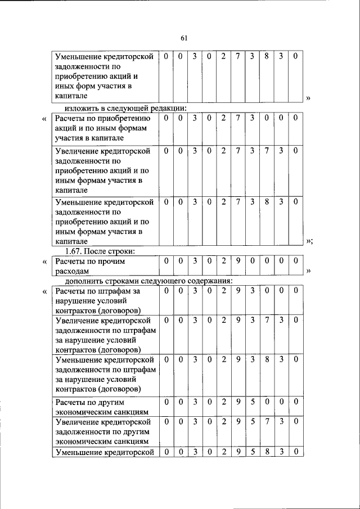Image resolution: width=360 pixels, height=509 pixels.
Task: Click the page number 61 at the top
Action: pyautogui.click(x=184, y=38)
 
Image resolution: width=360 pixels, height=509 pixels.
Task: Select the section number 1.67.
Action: pyautogui.click(x=76, y=251)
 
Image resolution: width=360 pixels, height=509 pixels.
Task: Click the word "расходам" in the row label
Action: pyautogui.click(x=71, y=272)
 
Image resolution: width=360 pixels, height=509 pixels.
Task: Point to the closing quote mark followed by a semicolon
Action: pyautogui.click(x=309, y=241)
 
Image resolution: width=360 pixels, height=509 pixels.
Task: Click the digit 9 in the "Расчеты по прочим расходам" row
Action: pyautogui.click(x=238, y=262)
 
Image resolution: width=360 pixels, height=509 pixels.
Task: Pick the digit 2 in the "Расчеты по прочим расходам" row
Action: pyautogui.click(x=223, y=262)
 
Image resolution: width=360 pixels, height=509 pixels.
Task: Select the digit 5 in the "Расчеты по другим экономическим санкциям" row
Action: pyautogui.click(x=253, y=403)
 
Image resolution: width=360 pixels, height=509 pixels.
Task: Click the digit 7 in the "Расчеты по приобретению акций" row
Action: pyautogui.click(x=238, y=118)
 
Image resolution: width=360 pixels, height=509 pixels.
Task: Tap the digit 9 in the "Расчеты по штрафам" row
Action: pyautogui.click(x=238, y=291)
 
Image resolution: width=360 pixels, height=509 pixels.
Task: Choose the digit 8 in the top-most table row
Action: pyautogui.click(x=267, y=56)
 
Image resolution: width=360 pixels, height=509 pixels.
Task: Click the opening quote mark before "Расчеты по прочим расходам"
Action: pyautogui.click(x=45, y=262)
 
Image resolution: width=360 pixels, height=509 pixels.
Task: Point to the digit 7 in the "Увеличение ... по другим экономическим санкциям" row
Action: pyautogui.click(x=267, y=421)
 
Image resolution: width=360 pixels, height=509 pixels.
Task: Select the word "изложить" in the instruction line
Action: pyautogui.click(x=82, y=108)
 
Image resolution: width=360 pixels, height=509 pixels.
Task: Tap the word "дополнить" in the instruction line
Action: pyautogui.click(x=84, y=281)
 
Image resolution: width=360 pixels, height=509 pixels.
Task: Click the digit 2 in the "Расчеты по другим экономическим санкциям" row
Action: pyautogui.click(x=223, y=403)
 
